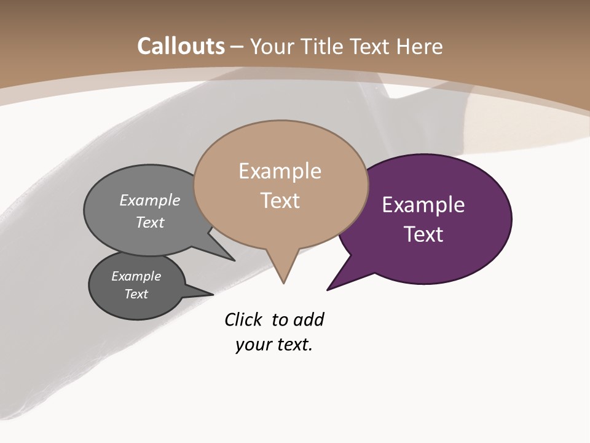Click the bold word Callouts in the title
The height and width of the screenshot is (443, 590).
181,46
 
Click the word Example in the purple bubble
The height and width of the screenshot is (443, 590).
423,205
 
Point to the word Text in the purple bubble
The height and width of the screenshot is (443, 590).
423,234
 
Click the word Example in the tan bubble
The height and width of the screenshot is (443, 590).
280,171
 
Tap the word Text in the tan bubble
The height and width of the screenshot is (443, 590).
280,201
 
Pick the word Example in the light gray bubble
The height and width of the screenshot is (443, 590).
150,200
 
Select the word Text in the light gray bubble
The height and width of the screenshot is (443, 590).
150,222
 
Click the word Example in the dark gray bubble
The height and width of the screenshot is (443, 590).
136,276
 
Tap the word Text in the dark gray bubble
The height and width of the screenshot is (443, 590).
136,294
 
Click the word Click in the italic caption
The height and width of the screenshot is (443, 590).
243,320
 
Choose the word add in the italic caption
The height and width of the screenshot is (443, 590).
309,320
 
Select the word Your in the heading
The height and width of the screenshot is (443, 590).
272,46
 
